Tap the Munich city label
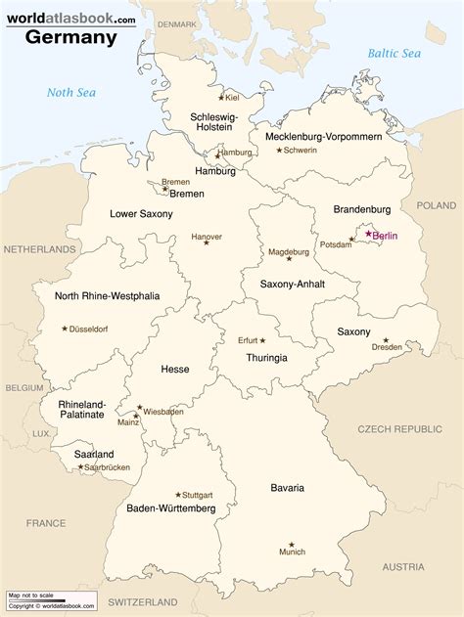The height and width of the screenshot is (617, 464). [292, 552]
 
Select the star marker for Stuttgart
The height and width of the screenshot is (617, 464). [177, 494]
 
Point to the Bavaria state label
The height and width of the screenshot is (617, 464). [288, 487]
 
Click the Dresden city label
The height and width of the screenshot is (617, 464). [387, 347]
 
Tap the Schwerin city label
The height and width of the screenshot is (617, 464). [301, 150]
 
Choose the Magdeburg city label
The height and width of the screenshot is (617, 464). [289, 251]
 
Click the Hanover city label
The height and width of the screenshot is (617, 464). [207, 237]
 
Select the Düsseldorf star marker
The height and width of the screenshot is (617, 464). [66, 329]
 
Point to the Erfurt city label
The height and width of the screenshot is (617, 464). [248, 340]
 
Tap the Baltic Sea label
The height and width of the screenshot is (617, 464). [394, 54]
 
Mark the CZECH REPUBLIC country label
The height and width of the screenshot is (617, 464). [399, 429]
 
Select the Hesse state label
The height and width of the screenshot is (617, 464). [174, 369]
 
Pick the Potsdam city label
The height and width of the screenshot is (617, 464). [335, 244]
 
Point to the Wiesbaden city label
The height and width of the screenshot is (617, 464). [163, 412]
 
